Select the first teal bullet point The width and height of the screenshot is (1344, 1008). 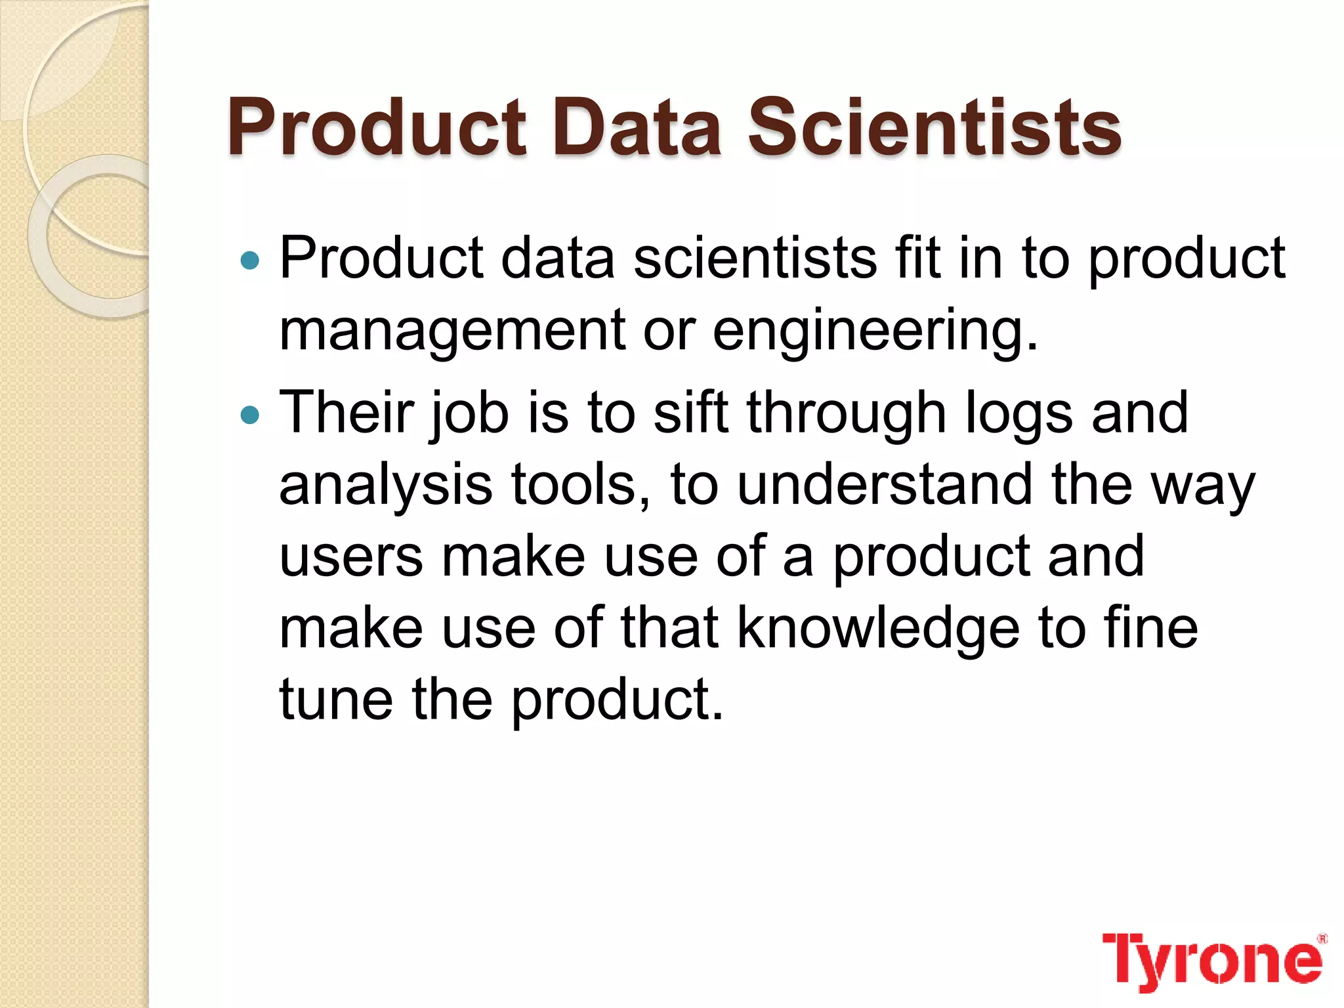250,261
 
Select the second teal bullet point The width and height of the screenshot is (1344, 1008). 250,415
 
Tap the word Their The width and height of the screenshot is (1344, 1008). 346,413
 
